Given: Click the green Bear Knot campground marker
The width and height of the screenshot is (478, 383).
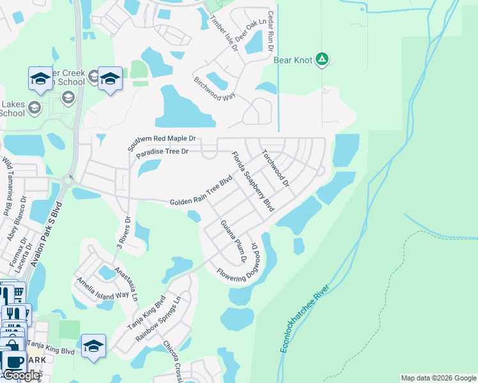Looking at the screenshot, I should coord(323,61).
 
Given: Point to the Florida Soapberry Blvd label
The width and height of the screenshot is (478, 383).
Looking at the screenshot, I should coord(252,182).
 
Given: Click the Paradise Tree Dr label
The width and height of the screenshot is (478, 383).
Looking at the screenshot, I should coord(162,152).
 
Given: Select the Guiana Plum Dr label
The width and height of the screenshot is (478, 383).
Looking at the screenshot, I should coord(233,241).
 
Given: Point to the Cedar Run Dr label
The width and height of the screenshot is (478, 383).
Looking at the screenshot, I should coord(271,32).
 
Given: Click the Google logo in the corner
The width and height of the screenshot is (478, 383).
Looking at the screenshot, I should coord(20,375).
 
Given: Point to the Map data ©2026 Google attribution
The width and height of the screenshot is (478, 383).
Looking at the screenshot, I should coord(438,378).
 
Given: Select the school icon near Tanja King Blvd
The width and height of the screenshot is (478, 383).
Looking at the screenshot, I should coord(93,346).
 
